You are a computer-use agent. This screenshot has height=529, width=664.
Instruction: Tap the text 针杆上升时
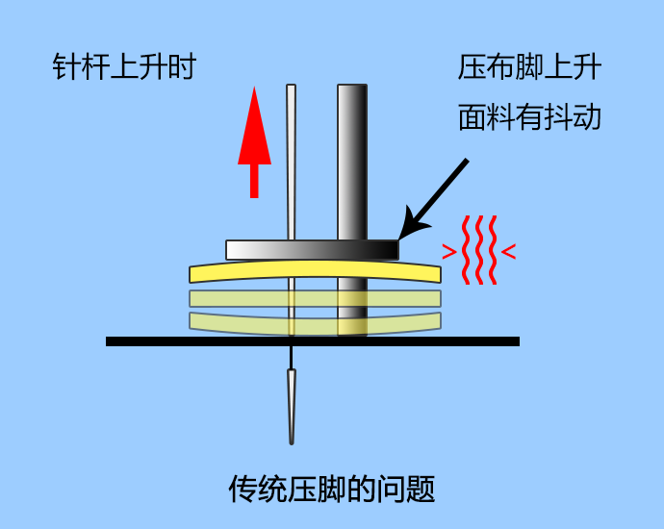point(124,67)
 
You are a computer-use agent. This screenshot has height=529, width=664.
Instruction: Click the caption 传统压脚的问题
point(332,489)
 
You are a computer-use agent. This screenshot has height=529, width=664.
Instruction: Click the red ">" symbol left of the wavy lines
point(448,252)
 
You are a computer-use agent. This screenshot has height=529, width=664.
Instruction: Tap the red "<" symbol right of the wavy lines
point(508,252)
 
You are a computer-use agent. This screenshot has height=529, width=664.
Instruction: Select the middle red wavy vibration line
point(478,250)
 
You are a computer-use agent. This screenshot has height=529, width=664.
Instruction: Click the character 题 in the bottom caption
point(421,489)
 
